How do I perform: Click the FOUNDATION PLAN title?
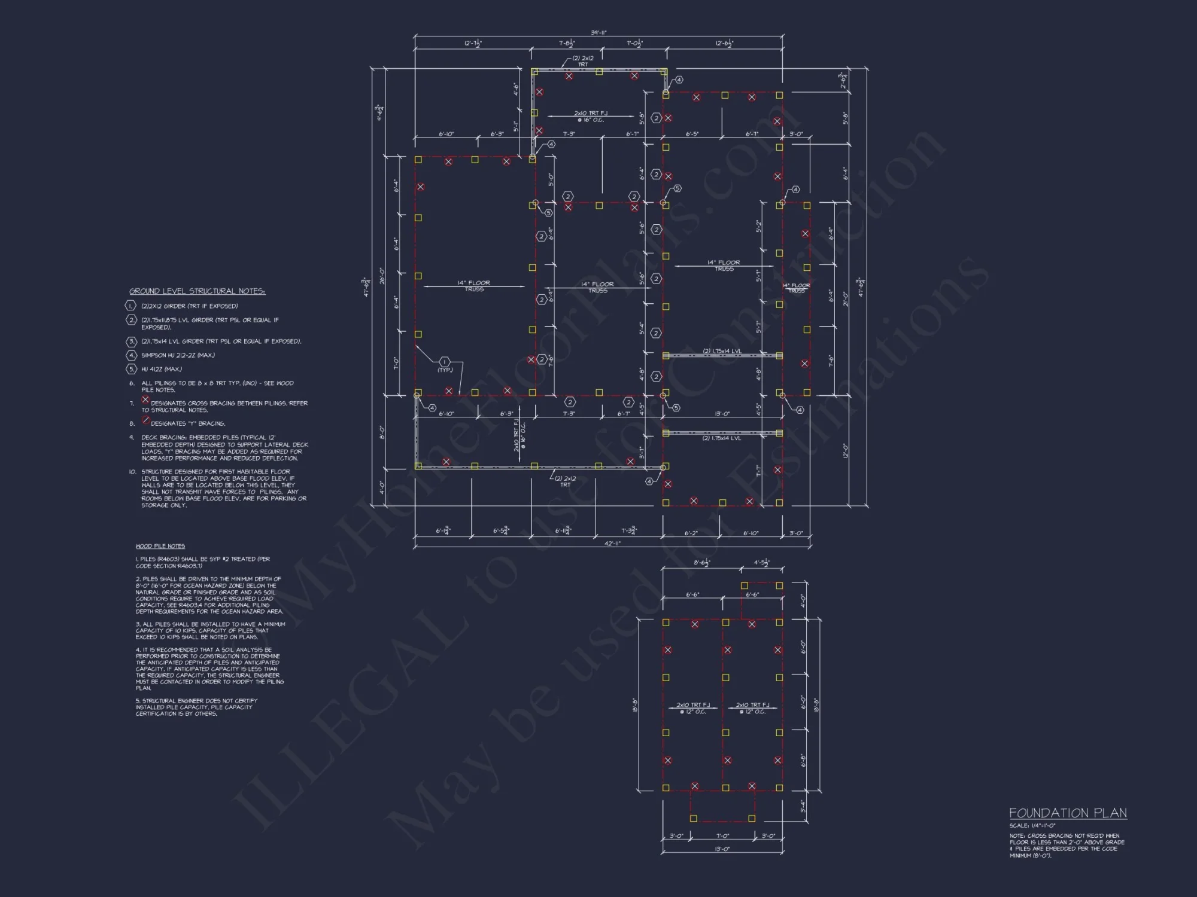tap(1068, 813)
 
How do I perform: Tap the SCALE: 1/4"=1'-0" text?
tap(1032, 826)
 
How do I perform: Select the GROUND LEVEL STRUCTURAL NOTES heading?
tap(197, 291)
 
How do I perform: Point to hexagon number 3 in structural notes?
tap(132, 341)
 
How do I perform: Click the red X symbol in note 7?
tap(145, 399)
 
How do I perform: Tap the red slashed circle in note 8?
tap(145, 420)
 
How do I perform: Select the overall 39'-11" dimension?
tap(598, 33)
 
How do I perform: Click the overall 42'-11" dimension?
tap(612, 543)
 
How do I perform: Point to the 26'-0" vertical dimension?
tap(381, 276)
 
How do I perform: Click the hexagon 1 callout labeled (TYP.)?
tap(444, 362)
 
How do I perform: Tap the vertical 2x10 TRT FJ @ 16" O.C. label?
tap(518, 436)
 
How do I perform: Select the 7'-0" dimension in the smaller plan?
tap(722, 836)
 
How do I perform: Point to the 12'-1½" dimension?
tap(472, 44)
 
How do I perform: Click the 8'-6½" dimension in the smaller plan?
tap(701, 563)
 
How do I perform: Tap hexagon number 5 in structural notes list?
tap(132, 369)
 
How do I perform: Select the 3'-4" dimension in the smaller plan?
tap(803, 806)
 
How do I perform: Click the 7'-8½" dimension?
tap(567, 44)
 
